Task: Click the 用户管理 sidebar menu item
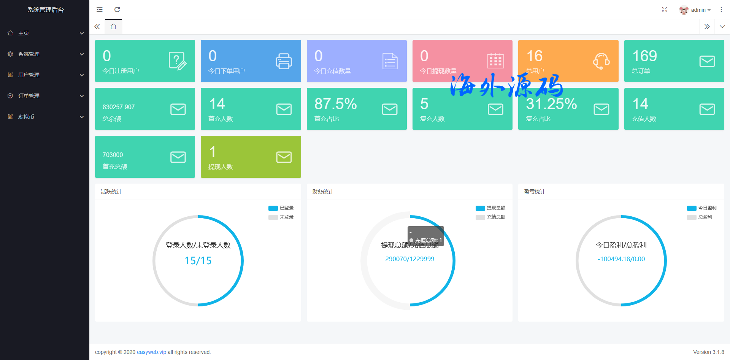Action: pos(29,75)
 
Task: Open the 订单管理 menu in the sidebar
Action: pos(29,96)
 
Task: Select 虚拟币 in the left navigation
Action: pos(26,117)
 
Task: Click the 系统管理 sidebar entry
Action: pos(29,54)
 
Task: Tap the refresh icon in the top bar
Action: pos(117,10)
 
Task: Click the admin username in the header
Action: pos(698,10)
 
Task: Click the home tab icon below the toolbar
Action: pos(113,27)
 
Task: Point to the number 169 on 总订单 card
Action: pos(644,56)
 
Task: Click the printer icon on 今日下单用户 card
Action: pos(284,61)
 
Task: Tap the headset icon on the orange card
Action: pos(601,61)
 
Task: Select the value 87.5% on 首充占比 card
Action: pos(335,104)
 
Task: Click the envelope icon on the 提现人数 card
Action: pos(284,157)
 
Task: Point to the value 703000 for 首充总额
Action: pos(113,155)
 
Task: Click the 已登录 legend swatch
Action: pos(273,208)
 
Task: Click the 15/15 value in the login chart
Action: pos(198,261)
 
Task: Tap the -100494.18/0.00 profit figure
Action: pos(621,259)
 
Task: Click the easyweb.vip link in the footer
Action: pos(151,352)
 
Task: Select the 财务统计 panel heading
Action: pos(323,192)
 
